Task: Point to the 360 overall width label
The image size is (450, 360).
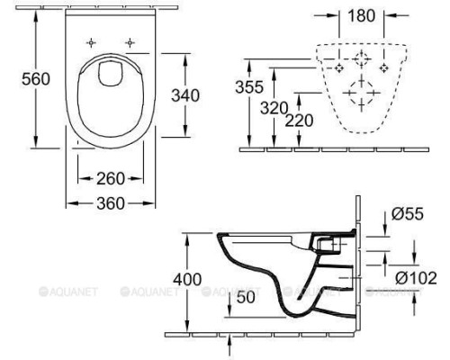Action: pyautogui.click(x=112, y=202)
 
